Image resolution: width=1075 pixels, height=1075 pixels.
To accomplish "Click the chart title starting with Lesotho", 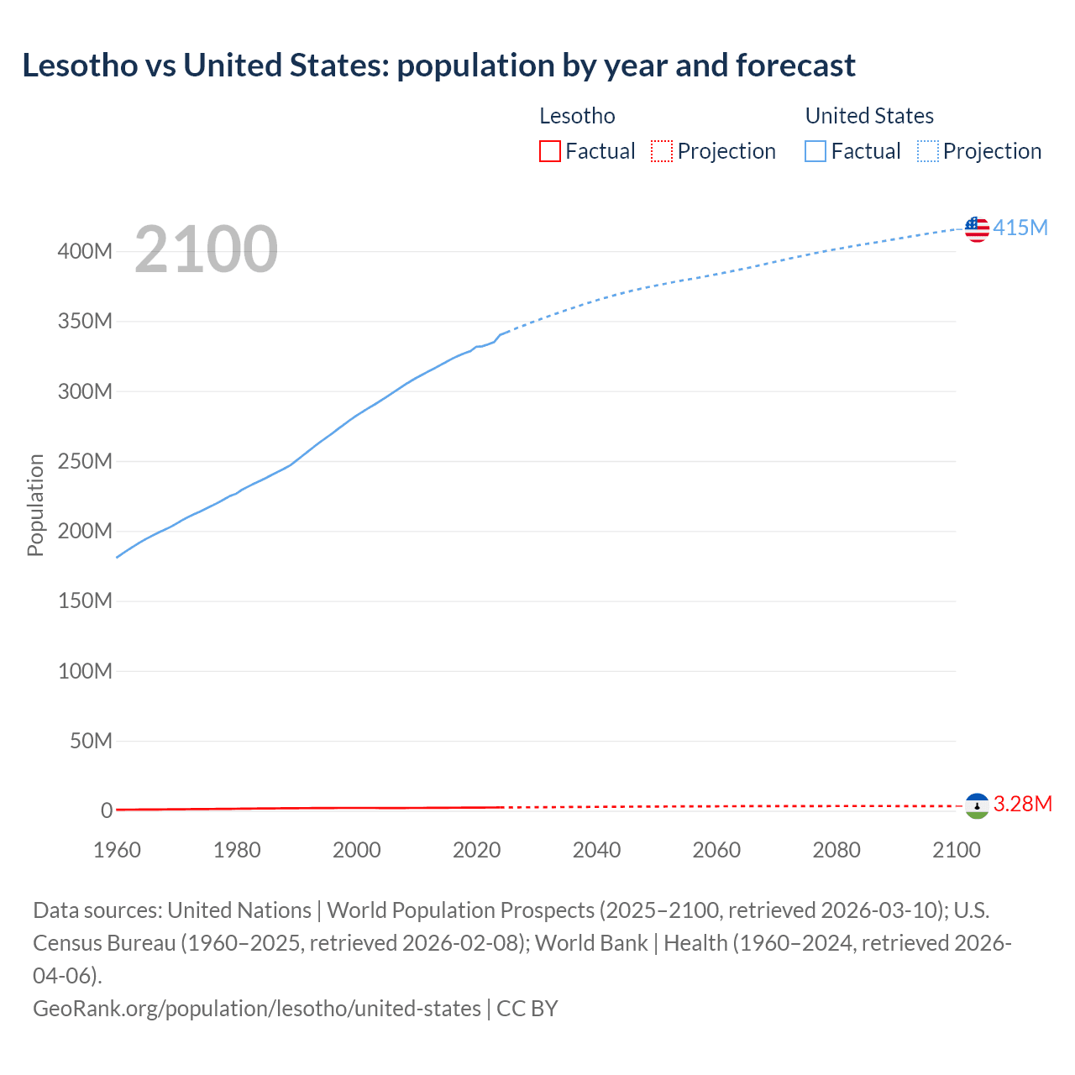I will [x=438, y=66].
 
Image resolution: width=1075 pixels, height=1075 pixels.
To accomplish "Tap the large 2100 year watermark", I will [x=206, y=249].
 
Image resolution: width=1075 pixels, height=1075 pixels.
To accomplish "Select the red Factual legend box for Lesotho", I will [x=550, y=151].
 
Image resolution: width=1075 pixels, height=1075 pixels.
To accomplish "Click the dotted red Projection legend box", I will [x=662, y=151].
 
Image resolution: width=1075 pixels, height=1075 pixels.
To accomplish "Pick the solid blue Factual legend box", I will [x=815, y=151].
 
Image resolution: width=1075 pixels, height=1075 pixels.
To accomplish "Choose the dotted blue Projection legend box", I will [x=928, y=151].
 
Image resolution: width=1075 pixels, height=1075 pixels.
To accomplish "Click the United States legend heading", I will [x=869, y=116].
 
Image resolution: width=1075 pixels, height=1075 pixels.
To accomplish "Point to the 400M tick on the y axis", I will [x=85, y=251].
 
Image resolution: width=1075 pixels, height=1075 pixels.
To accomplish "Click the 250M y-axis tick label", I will [x=85, y=461].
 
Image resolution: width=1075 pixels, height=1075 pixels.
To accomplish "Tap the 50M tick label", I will [x=91, y=741].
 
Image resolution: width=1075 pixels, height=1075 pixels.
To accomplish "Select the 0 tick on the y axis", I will [x=107, y=810].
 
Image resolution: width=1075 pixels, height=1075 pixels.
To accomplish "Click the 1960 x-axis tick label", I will [x=117, y=850].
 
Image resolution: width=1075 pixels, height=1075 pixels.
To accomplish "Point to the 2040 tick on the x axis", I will [x=596, y=850].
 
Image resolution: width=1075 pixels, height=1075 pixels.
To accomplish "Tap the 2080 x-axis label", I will [x=836, y=850].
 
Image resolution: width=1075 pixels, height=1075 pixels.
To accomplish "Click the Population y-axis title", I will [x=35, y=505].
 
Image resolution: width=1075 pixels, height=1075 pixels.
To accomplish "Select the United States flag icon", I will [x=977, y=228].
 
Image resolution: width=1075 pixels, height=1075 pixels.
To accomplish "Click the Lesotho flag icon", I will [x=977, y=806].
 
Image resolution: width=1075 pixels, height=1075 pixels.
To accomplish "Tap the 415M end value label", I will [x=1020, y=228].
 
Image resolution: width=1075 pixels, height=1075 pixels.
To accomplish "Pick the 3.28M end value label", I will [x=1023, y=805].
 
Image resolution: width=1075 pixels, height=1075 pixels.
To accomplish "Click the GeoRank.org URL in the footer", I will [x=256, y=1008].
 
